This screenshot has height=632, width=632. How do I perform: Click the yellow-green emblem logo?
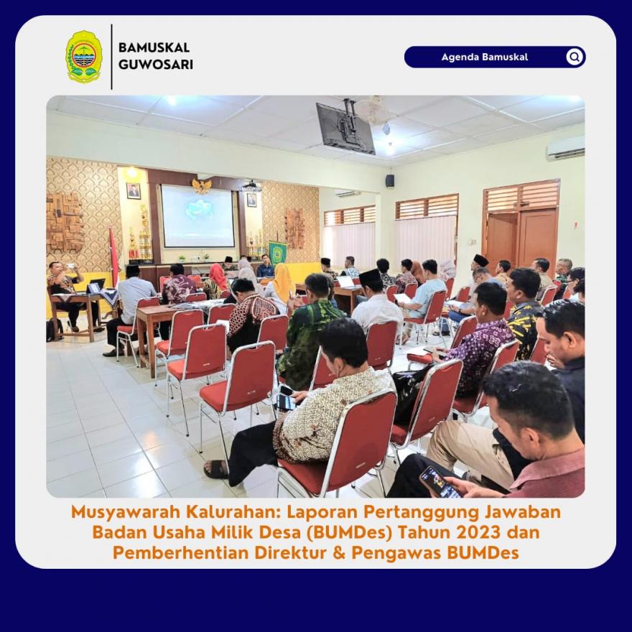coord(84,57)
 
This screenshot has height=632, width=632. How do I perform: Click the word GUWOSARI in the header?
coord(156,65)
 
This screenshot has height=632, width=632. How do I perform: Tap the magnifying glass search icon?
coord(575,57)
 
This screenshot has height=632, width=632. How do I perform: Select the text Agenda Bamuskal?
coord(485,57)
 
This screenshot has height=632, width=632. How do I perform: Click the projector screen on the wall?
coord(197,215)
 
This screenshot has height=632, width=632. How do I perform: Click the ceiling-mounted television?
coord(345,128)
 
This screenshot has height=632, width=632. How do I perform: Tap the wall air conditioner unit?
coord(565,147)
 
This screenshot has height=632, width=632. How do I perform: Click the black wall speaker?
coord(390,180)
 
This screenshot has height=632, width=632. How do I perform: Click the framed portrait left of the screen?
coord(134,191)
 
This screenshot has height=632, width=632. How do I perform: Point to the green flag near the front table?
coord(278,253)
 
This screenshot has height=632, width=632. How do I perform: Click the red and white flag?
coord(114,257)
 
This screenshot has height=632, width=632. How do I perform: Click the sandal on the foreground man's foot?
coord(216,470)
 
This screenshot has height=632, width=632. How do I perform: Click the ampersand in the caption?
coord(339,552)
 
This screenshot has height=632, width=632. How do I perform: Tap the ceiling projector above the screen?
coord(251,187)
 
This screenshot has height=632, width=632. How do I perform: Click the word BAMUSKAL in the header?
coord(154,47)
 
